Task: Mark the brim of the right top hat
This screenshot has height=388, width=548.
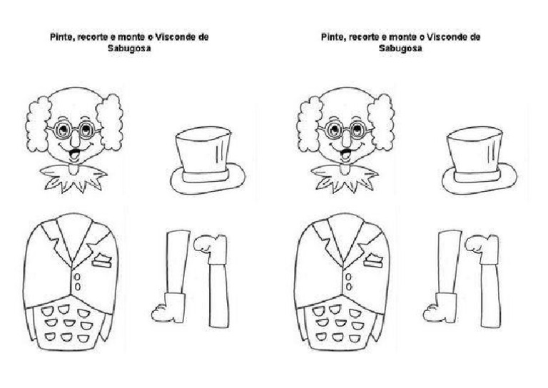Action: coord(479,186)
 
